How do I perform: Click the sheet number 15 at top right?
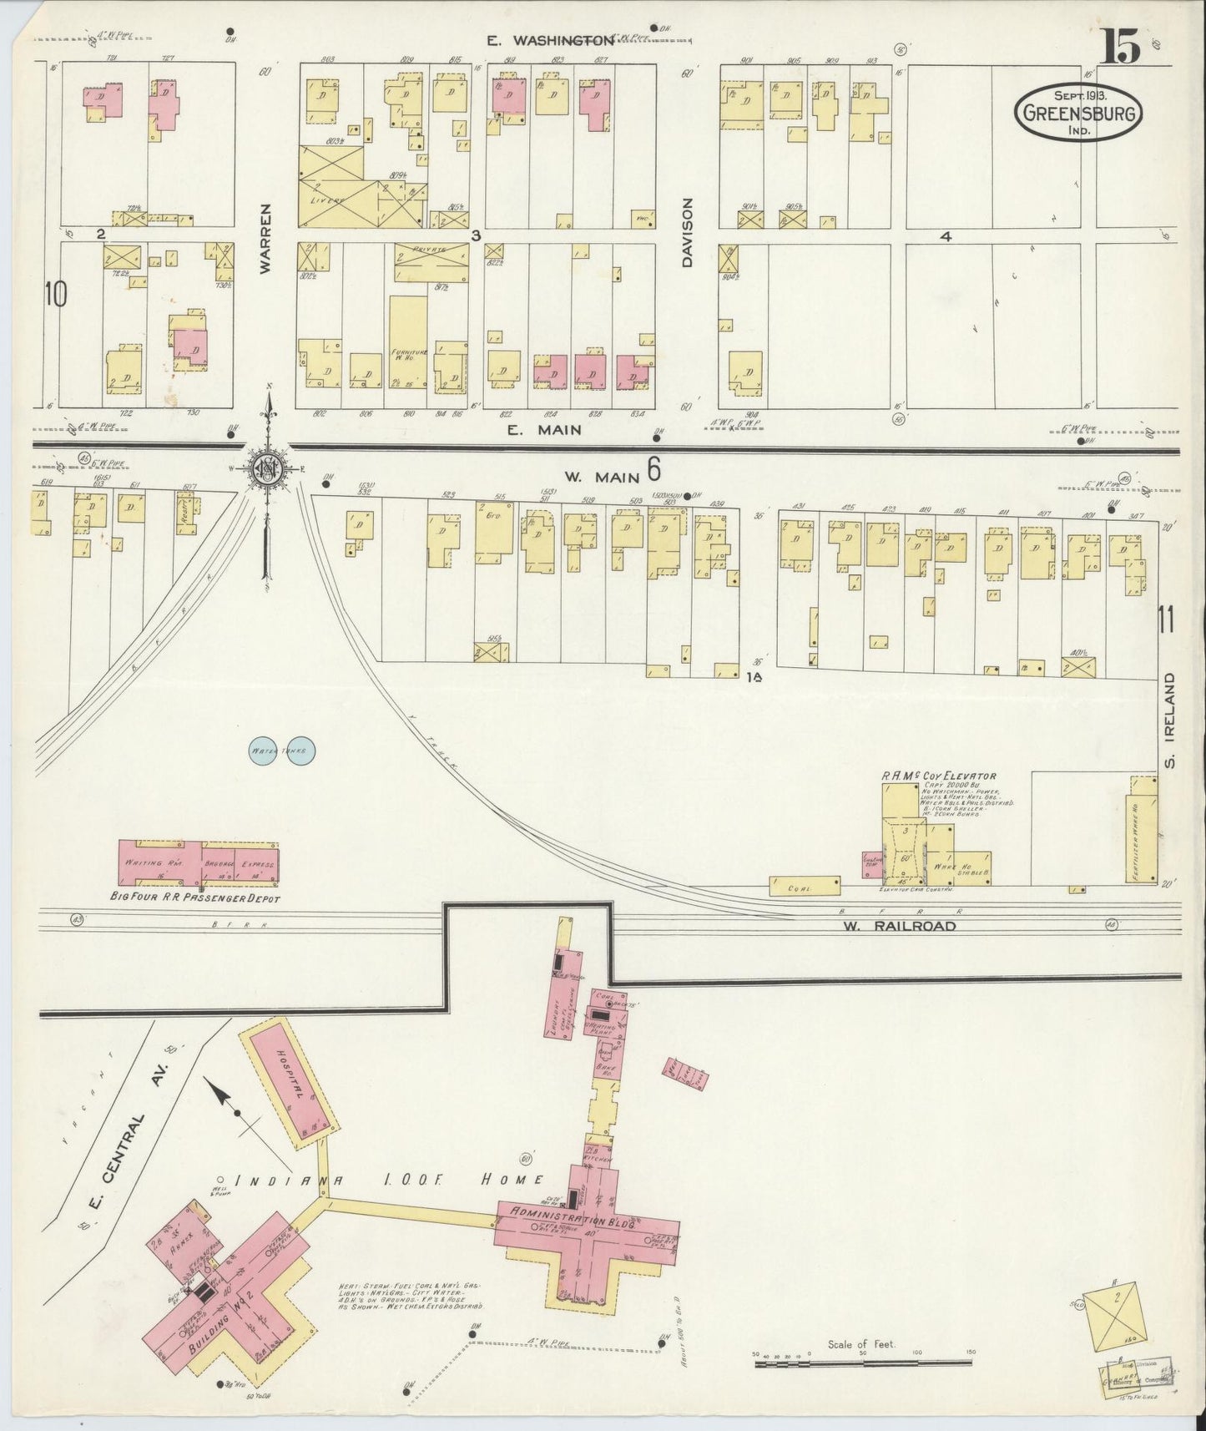pyautogui.click(x=1120, y=47)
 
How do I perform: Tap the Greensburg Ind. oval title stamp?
pyautogui.click(x=1078, y=112)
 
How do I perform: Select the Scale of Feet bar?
pyautogui.click(x=863, y=1363)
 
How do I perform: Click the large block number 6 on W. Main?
pyautogui.click(x=653, y=472)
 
